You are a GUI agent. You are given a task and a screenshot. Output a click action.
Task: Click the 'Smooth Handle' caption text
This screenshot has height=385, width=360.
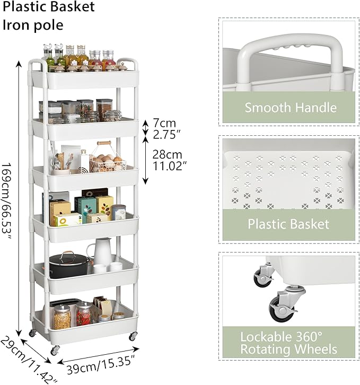291,108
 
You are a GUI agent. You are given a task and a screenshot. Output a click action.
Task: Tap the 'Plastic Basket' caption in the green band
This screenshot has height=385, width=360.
288,224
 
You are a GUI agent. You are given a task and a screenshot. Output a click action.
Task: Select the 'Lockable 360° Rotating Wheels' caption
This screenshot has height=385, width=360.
288,343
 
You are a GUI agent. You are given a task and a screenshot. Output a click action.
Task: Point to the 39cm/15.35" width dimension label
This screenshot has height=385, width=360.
101,365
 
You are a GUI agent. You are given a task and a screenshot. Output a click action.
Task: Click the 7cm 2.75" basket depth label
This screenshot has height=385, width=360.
167,129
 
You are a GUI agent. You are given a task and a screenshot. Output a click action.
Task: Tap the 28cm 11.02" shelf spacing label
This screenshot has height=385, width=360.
168,160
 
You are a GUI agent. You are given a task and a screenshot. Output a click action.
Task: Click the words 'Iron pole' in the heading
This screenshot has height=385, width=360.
33,25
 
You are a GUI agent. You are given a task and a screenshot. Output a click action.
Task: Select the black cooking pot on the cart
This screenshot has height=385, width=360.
69,265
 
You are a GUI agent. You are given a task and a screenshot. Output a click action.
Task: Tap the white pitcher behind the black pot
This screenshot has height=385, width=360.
101,251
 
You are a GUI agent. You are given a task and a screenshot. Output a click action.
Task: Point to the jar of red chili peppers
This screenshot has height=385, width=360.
84,314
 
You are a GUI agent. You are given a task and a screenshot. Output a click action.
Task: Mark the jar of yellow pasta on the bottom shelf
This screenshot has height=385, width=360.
62,317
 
